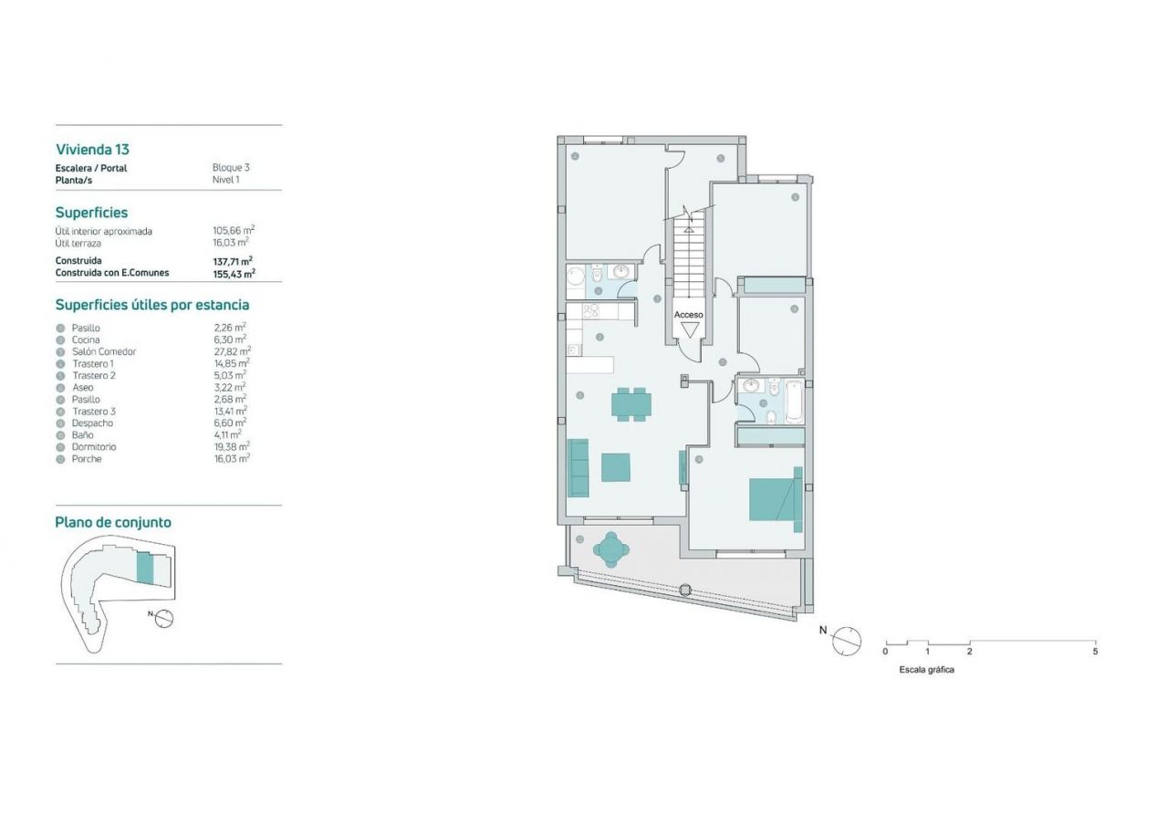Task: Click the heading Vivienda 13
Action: pos(92,149)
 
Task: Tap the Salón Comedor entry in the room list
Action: pos(104,351)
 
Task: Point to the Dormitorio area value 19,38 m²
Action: pos(232,446)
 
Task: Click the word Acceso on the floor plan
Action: pos(688,315)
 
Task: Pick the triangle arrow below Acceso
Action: pos(689,329)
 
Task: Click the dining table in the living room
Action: pos(631,403)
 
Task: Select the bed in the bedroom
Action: pos(776,499)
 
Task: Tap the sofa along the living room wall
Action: pos(578,467)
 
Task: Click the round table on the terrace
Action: pos(611,549)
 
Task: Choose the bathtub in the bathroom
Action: pos(794,402)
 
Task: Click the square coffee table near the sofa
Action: pos(615,467)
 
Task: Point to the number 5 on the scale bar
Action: pos(1095,652)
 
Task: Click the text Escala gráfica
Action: pos(926,670)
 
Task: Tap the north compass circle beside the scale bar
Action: pos(846,641)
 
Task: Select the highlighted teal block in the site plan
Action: pos(145,569)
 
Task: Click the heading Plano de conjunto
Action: pos(113,522)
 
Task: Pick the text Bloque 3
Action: pos(231,167)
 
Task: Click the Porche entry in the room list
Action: pos(87,459)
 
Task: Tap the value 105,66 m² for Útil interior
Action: pos(234,231)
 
